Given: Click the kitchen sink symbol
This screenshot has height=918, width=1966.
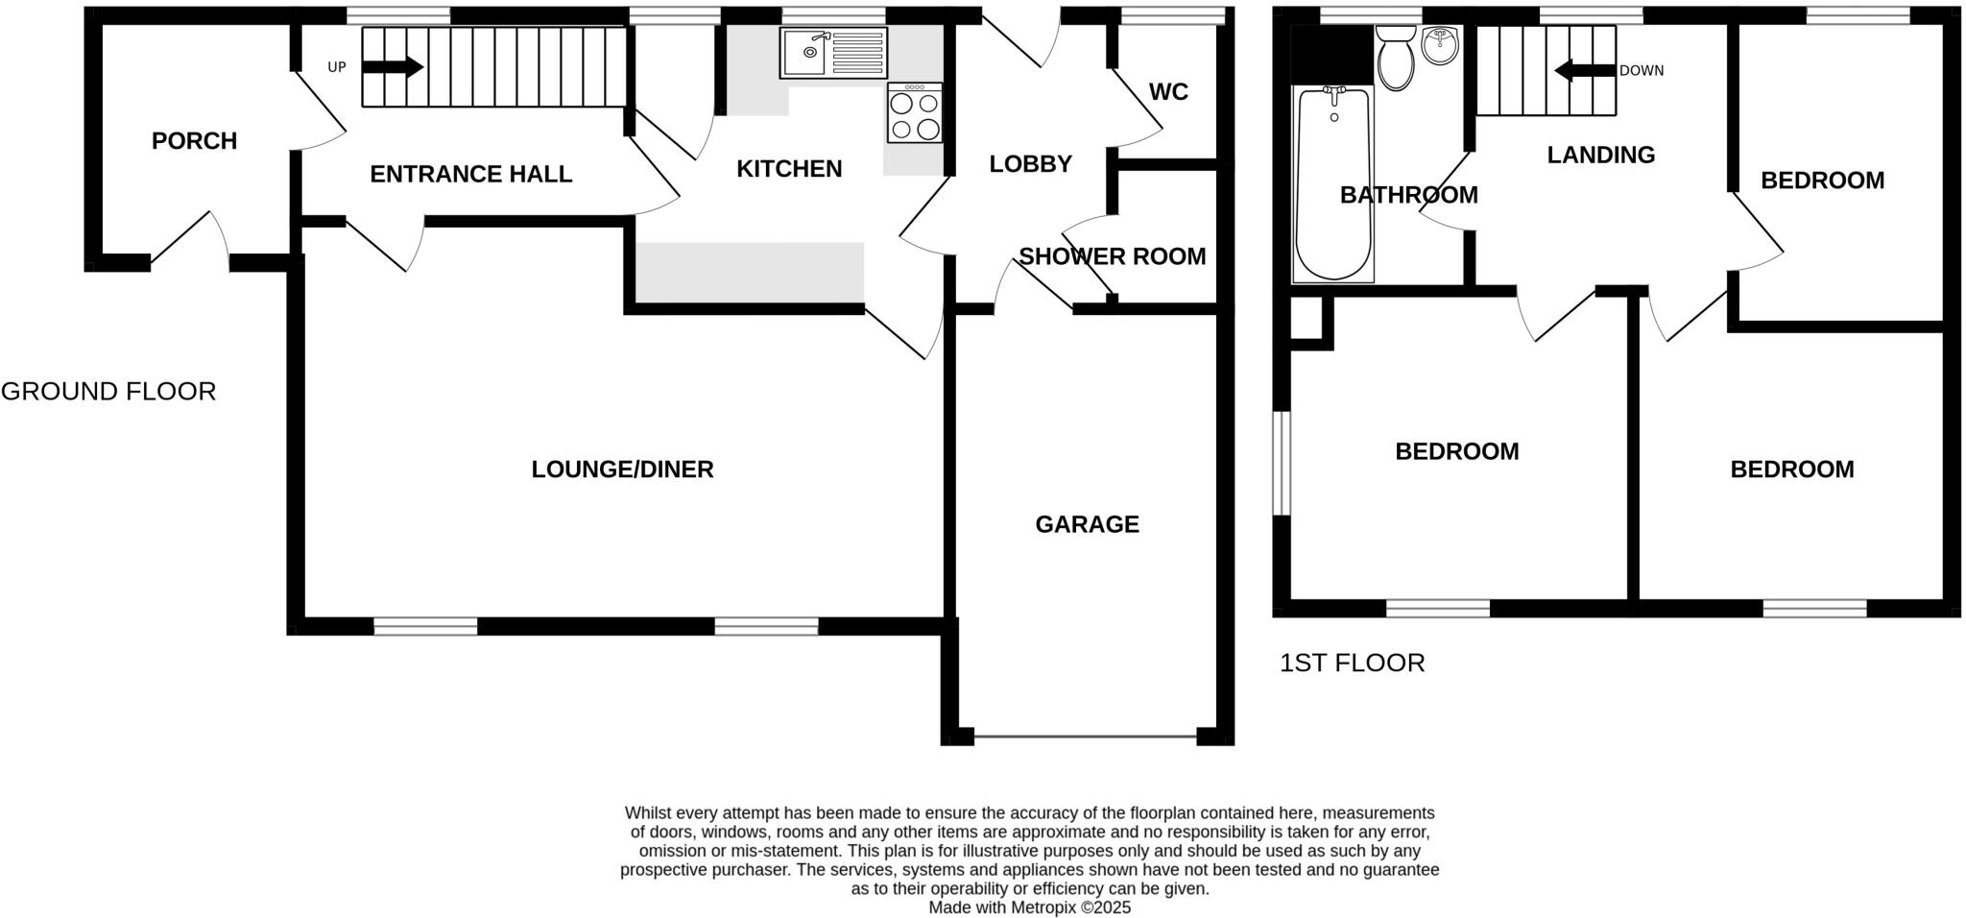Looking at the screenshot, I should [x=833, y=52].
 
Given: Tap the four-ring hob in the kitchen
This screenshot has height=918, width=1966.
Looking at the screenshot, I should [x=914, y=113].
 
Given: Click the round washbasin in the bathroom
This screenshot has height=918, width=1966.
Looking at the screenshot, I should [x=1439, y=44].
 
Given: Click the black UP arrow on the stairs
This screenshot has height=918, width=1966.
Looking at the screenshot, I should [x=393, y=67].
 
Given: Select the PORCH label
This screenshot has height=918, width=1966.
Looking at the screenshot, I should [x=194, y=141].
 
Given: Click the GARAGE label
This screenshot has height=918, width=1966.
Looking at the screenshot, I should [x=1087, y=524].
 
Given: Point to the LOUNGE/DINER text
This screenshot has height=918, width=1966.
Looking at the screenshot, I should [x=622, y=470].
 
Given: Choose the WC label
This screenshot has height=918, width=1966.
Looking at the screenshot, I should [x=1168, y=92].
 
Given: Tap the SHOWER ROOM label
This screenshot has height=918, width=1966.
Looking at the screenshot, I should [x=1112, y=256].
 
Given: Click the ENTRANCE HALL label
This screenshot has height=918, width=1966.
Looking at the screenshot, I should [x=470, y=174].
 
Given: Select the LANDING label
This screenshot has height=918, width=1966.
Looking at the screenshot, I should [x=1600, y=155].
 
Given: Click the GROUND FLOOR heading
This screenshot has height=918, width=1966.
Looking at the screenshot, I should [x=108, y=392].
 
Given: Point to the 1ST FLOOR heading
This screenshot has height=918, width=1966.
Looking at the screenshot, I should [x=1352, y=663].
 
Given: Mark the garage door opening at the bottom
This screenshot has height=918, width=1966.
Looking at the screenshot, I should [x=1085, y=737].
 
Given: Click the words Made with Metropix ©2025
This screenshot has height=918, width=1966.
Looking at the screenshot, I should [x=1029, y=907].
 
